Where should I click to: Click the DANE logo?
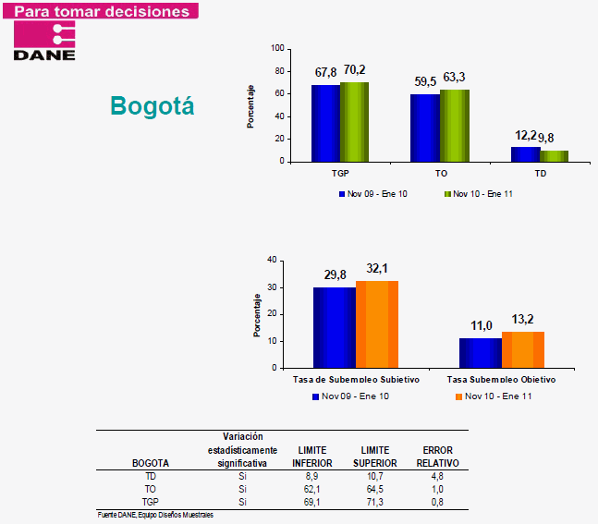[x=44, y=41]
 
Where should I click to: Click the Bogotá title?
[x=153, y=106]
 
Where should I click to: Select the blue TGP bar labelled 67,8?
[x=325, y=123]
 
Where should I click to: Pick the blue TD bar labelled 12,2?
[x=525, y=154]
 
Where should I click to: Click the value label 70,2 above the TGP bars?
[x=355, y=70]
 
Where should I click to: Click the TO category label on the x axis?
[x=441, y=173]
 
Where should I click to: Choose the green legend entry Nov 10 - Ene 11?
[x=478, y=194]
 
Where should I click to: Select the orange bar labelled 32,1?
[x=377, y=323]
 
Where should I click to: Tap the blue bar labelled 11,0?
[x=480, y=352]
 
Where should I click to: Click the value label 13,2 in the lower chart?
[x=524, y=320]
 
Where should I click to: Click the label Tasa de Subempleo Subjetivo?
[x=356, y=380]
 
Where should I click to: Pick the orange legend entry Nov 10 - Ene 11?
[x=491, y=396]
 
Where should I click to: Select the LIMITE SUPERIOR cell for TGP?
[x=374, y=502]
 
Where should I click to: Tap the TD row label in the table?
[x=151, y=476]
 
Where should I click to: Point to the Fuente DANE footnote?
[x=155, y=514]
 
